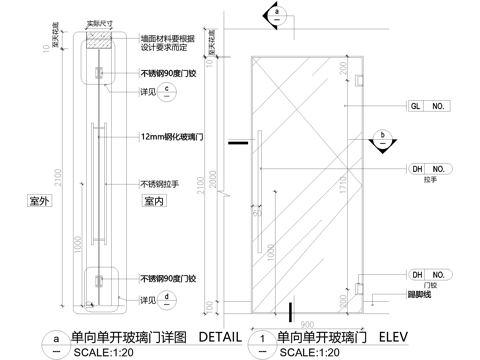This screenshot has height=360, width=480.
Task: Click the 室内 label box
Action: pos(153,200)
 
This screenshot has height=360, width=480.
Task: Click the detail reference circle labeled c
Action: pos(170,91)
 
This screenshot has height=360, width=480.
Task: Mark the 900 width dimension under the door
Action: pos(306,322)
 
